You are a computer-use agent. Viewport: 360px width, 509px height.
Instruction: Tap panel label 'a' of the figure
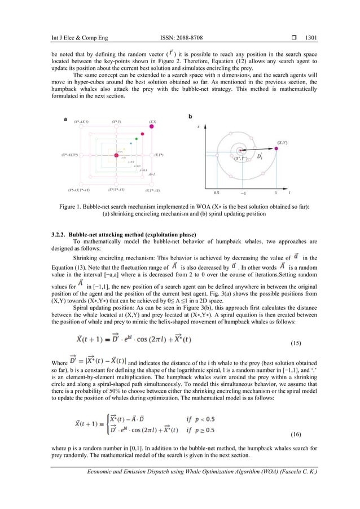pos(65,119)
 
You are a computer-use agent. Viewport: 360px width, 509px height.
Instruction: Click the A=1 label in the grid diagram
pos(152,175)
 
